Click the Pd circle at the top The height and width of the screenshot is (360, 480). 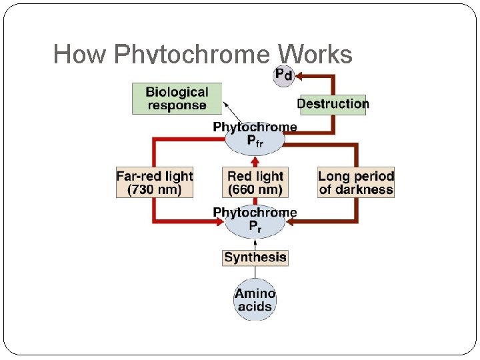click(283, 75)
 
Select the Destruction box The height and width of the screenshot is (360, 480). click(333, 104)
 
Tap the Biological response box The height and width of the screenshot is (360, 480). click(177, 99)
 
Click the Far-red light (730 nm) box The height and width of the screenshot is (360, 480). click(154, 183)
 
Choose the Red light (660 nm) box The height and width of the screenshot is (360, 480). click(255, 183)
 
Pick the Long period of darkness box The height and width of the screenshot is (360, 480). click(356, 183)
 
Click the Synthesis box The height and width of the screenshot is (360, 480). click(255, 257)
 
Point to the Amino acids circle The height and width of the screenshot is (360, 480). click(255, 300)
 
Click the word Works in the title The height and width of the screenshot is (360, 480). click(315, 54)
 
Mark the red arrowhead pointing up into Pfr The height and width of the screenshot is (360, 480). click(255, 160)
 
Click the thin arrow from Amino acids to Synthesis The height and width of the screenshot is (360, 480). click(255, 273)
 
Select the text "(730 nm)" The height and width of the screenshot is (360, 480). click(154, 190)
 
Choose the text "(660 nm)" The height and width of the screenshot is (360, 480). click(255, 190)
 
